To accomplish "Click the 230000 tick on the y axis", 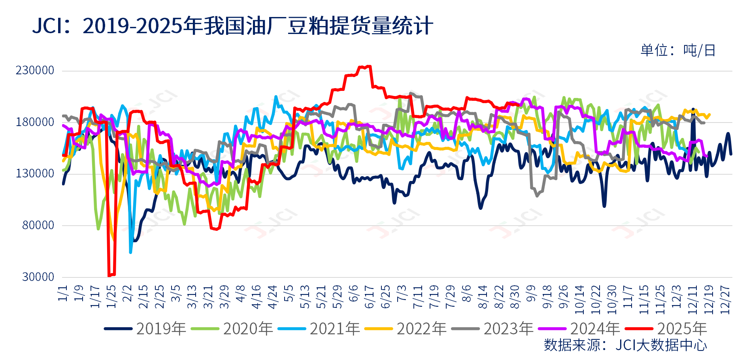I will pyautogui.click(x=35, y=70).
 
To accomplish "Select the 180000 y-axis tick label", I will pyautogui.click(x=35, y=122).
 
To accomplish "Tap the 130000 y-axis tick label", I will pyautogui.click(x=35, y=173).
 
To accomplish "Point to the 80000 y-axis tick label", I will pyautogui.click(x=38, y=225).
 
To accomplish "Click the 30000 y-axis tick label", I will pyautogui.click(x=38, y=277).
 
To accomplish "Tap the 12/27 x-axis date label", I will pyautogui.click(x=725, y=300).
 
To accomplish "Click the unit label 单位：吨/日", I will pyautogui.click(x=678, y=51).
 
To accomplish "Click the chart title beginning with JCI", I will pyautogui.click(x=232, y=26).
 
